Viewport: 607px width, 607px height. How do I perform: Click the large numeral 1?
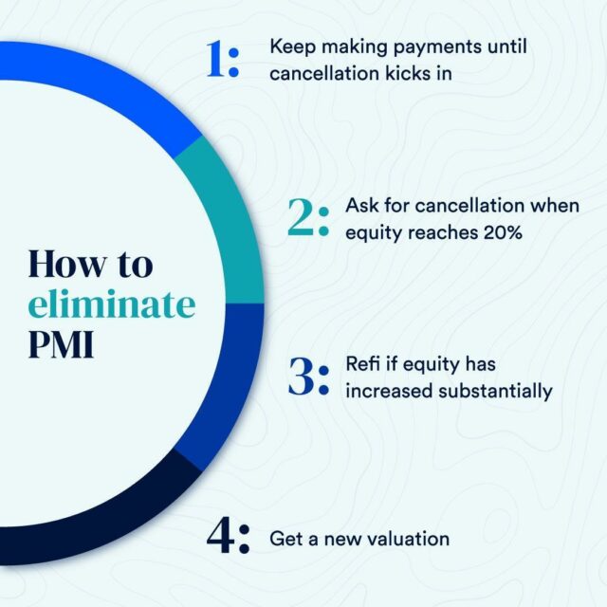(x=216, y=59)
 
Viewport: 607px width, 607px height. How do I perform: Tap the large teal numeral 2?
(x=302, y=217)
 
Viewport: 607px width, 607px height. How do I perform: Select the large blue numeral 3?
(x=302, y=377)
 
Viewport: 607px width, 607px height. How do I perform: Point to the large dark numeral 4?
(x=220, y=535)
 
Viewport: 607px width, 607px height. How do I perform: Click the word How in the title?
(x=67, y=264)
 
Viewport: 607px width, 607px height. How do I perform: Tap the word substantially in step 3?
(x=495, y=391)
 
